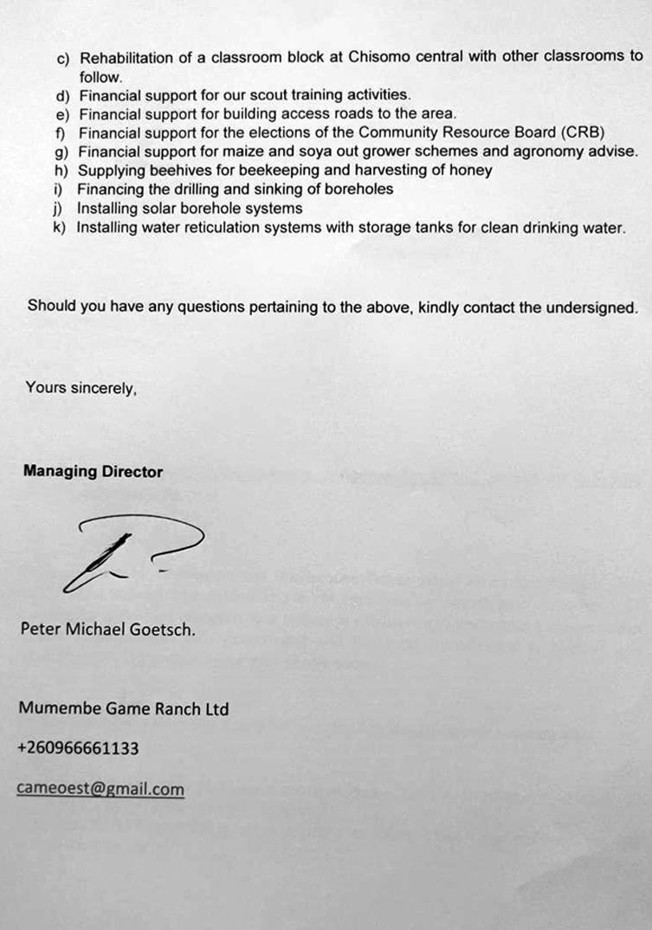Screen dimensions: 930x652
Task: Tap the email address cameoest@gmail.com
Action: tap(100, 789)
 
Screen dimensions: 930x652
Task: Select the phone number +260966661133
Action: tap(78, 748)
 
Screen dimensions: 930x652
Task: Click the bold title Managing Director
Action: tap(93, 472)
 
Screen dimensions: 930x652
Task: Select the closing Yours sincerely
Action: tap(81, 388)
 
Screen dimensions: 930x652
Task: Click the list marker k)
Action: tap(60, 228)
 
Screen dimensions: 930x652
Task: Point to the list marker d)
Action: tap(61, 94)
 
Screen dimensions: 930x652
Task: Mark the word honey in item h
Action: tap(473, 171)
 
